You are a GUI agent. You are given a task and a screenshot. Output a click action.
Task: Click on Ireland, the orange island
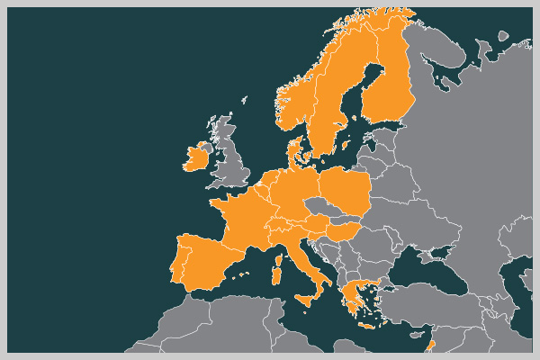pos(195,159)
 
